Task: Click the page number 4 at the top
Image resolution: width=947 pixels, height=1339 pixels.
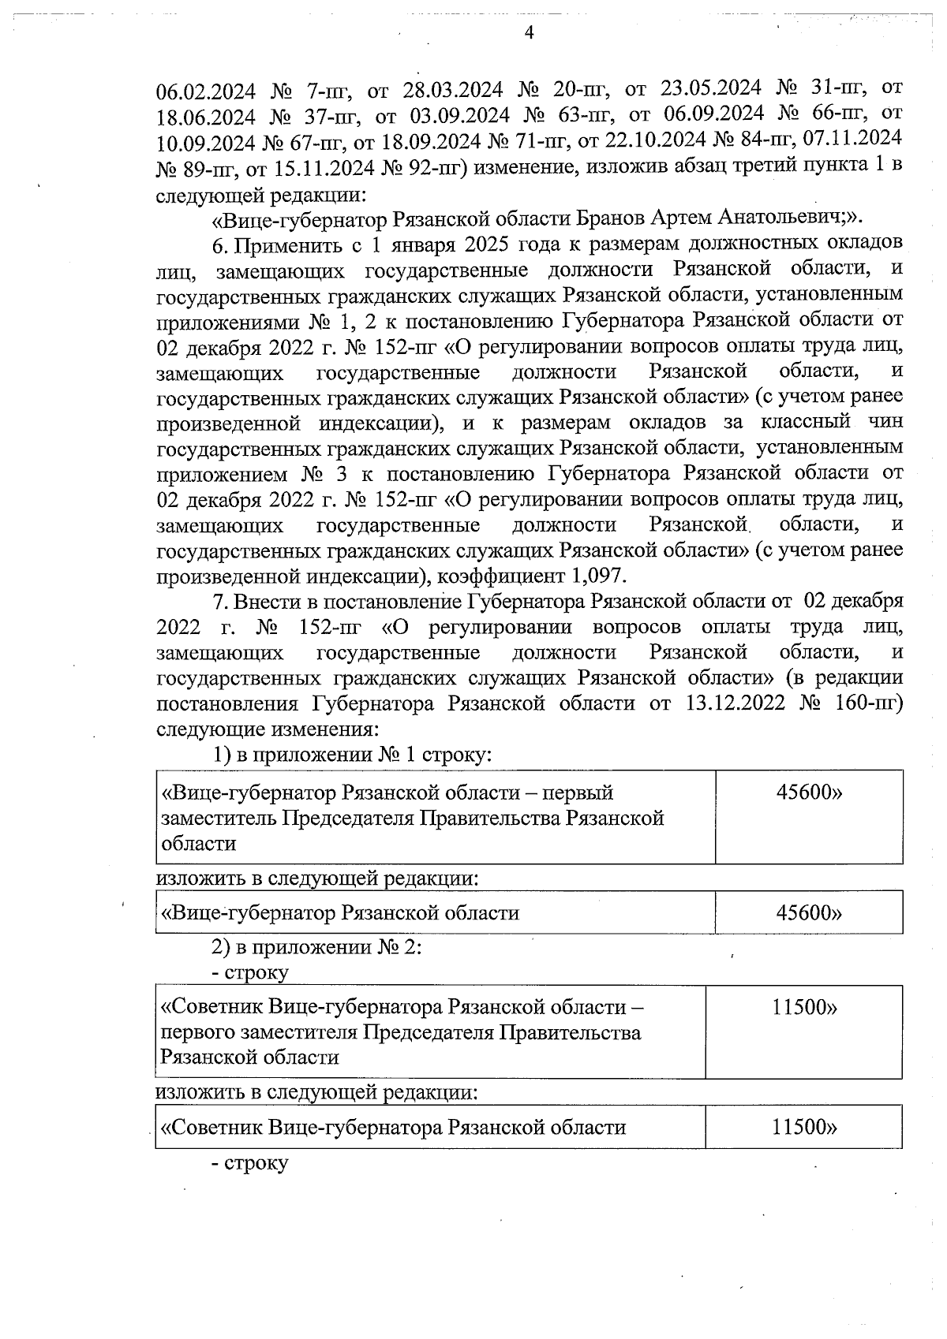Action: click(529, 32)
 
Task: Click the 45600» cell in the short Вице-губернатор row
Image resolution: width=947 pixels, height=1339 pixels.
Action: click(809, 913)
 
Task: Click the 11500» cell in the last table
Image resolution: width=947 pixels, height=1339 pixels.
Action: click(804, 1128)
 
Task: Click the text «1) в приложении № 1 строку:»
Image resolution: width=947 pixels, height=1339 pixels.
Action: click(353, 754)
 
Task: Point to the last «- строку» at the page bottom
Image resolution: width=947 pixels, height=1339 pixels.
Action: click(250, 1163)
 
